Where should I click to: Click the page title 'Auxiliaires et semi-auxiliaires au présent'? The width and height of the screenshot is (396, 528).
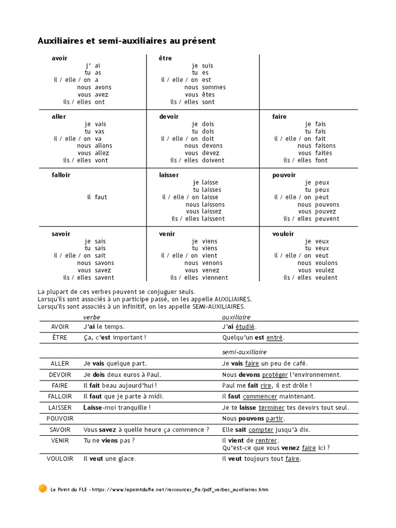[x=126, y=40]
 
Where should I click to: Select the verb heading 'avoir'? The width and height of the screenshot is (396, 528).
[x=59, y=58]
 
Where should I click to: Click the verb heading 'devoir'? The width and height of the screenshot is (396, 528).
[x=169, y=117]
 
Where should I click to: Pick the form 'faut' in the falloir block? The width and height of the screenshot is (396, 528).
[x=101, y=197]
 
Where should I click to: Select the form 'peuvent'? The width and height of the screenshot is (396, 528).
[x=327, y=219]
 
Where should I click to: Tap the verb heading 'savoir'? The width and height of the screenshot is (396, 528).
[x=61, y=234]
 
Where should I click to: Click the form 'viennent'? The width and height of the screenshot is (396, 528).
[x=214, y=277]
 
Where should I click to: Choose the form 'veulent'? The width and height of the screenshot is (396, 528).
[x=326, y=277]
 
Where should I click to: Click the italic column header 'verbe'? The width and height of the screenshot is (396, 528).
[x=92, y=317]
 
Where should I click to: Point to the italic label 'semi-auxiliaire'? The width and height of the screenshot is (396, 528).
[x=244, y=352]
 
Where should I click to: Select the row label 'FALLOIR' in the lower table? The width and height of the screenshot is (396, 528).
[x=60, y=397]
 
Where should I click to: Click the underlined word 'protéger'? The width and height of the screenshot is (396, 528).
[x=275, y=375]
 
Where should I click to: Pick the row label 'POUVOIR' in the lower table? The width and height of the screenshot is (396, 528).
[x=60, y=418]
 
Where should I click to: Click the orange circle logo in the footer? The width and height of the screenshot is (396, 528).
[x=43, y=488]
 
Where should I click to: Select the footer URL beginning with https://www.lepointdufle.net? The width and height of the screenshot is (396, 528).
[x=180, y=489]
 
